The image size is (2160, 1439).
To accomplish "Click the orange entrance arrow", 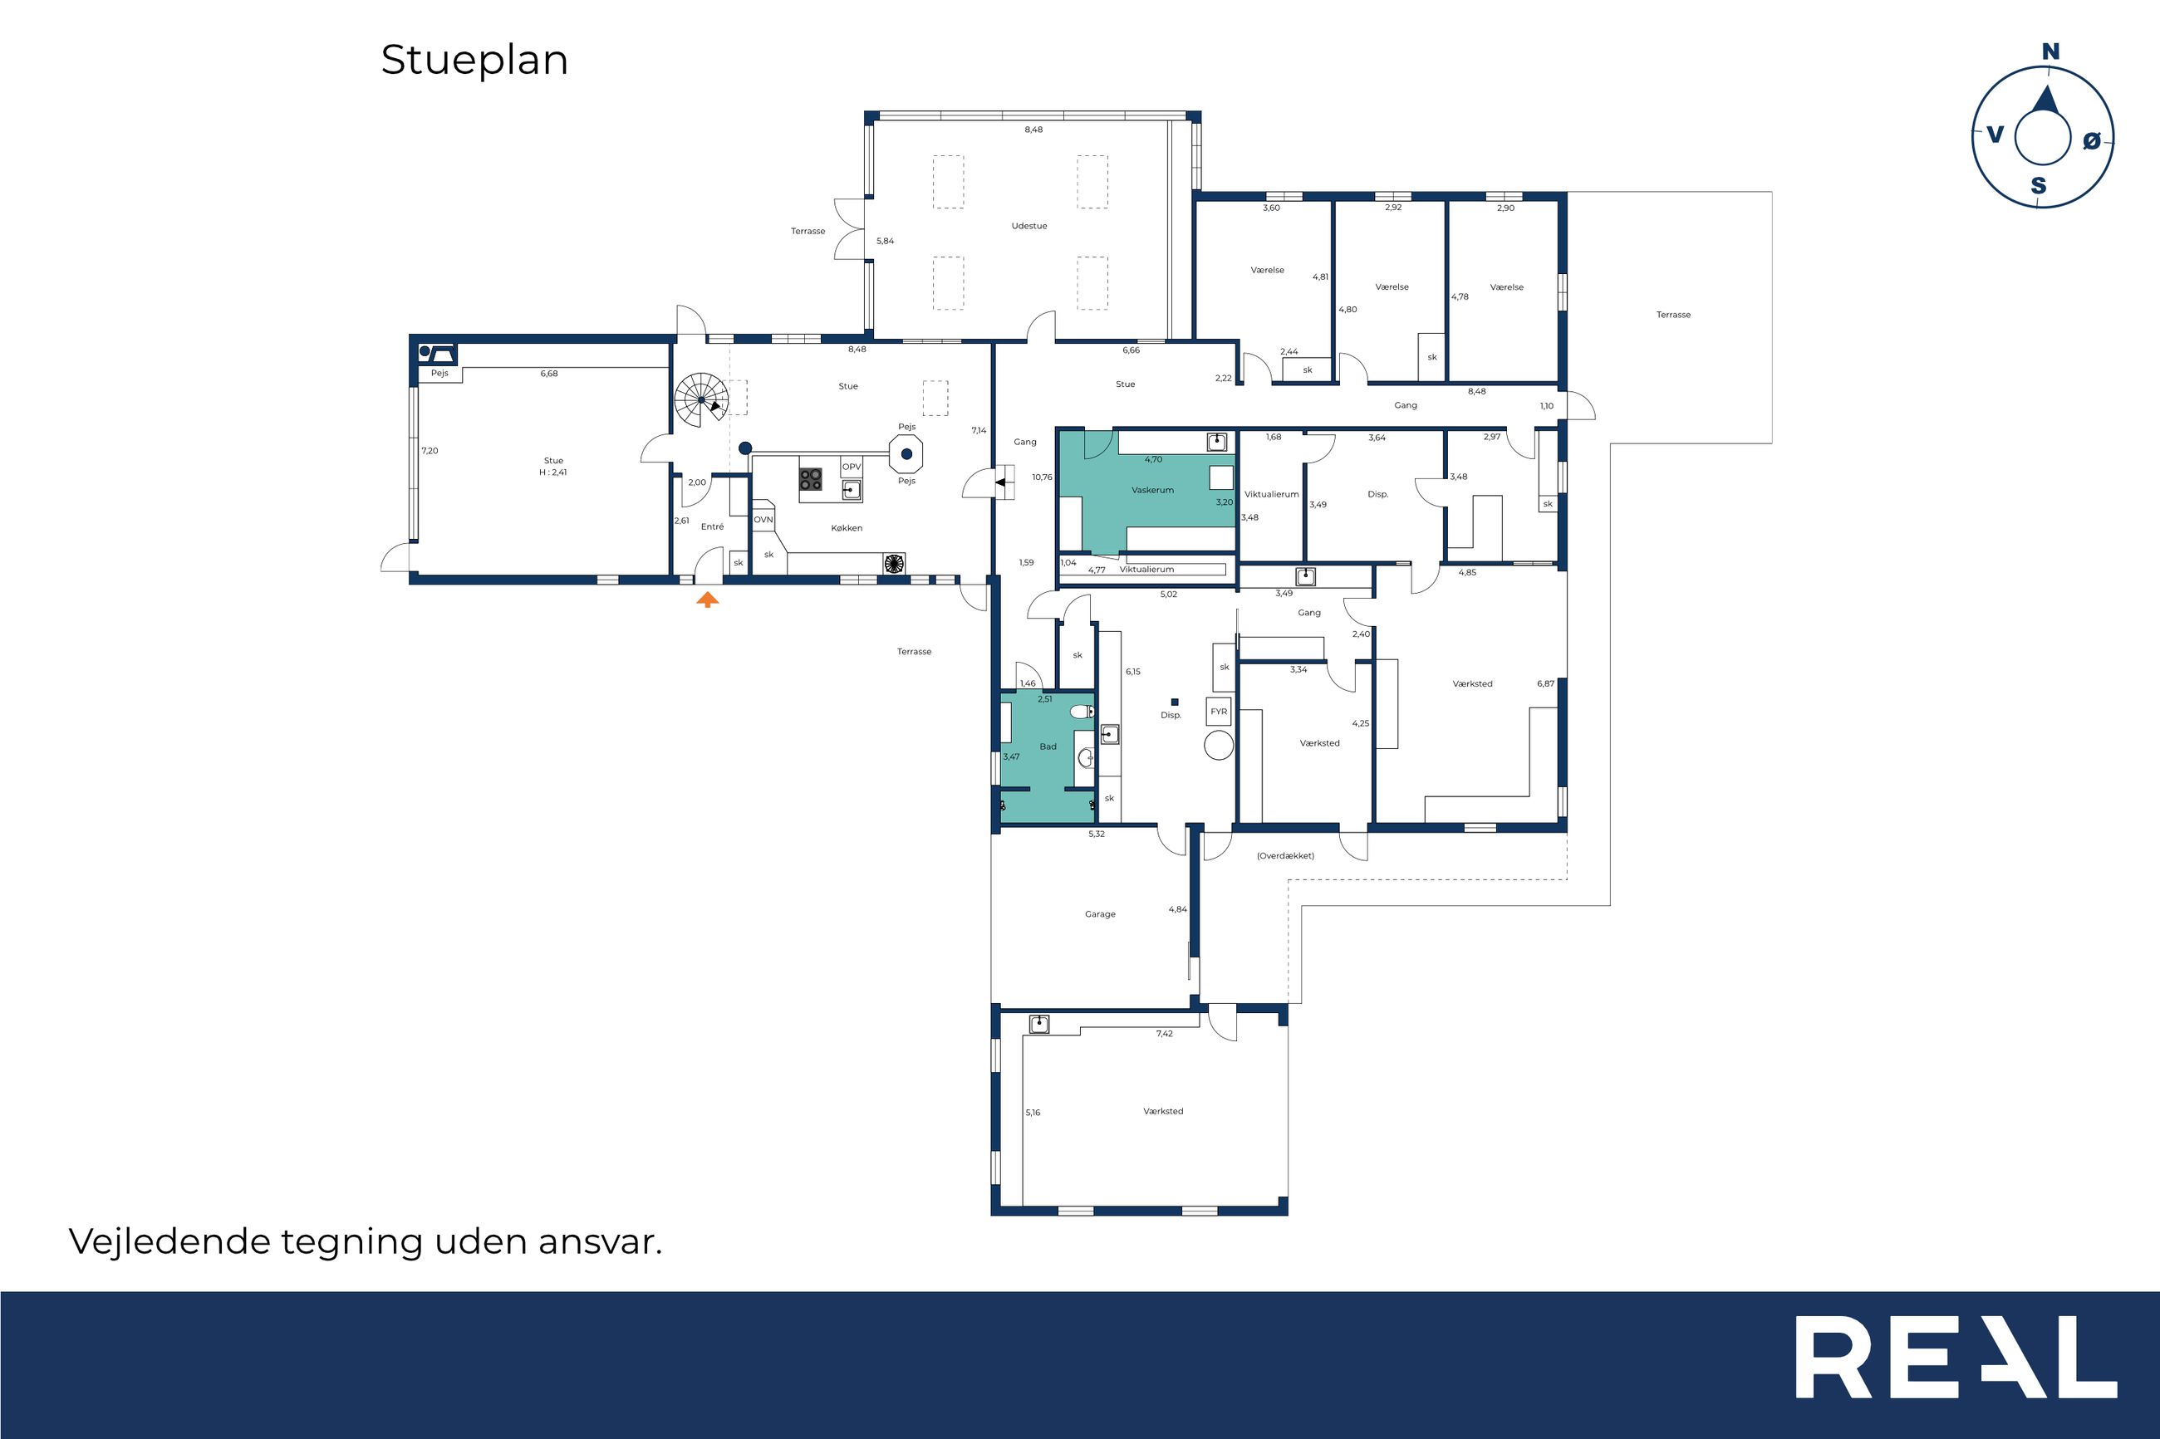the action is (707, 600).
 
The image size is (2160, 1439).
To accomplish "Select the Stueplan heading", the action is (474, 61).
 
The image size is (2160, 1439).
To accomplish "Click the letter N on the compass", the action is (2050, 52).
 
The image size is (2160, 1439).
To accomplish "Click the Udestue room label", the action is (1029, 226).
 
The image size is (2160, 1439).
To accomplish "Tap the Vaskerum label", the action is (1152, 490).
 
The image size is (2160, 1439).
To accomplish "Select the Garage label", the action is (1100, 914).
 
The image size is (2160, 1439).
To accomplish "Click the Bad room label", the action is (1048, 747).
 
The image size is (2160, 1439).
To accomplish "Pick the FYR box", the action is (1218, 712).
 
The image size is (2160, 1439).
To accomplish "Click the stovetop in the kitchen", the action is (811, 478).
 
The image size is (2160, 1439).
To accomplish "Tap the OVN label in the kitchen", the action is (763, 521).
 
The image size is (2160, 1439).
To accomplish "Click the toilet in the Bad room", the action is (1082, 712).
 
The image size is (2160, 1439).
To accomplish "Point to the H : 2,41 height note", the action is (553, 472).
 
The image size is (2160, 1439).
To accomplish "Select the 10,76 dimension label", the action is (1042, 477).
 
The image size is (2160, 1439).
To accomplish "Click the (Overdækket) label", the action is (1285, 856).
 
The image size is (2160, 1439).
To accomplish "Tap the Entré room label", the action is (712, 526).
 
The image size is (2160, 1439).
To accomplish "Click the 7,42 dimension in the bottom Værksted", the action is (1164, 1033).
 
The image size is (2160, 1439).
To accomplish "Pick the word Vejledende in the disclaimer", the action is (169, 1241).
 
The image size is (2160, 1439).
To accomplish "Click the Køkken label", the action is (847, 529).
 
